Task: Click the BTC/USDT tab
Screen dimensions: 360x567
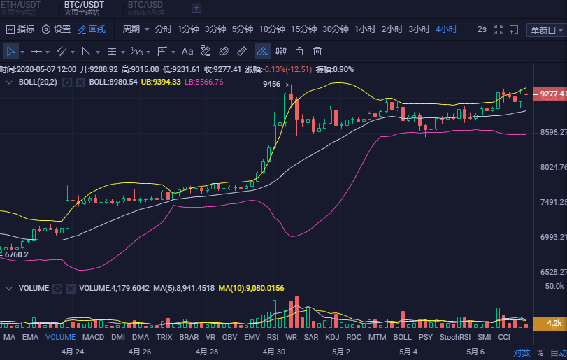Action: coord(84,5)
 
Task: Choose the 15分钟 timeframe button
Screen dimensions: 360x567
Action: coord(303,29)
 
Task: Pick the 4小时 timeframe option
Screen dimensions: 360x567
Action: coord(446,29)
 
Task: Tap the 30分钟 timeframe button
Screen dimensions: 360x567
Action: coord(336,29)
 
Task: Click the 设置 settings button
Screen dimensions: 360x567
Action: coord(57,29)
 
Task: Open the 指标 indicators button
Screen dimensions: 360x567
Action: coord(20,29)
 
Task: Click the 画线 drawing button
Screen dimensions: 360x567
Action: coord(92,29)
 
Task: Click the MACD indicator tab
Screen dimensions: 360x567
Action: coord(93,337)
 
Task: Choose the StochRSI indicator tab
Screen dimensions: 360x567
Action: coord(454,337)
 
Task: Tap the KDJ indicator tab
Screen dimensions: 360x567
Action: coord(332,337)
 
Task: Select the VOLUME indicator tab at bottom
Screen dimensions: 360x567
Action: coord(60,337)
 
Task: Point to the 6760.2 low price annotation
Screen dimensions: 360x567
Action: coord(17,254)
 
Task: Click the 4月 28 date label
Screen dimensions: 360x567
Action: coord(207,352)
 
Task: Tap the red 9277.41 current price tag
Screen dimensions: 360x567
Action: coord(550,94)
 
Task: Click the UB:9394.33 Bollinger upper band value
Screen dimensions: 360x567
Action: coord(161,82)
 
